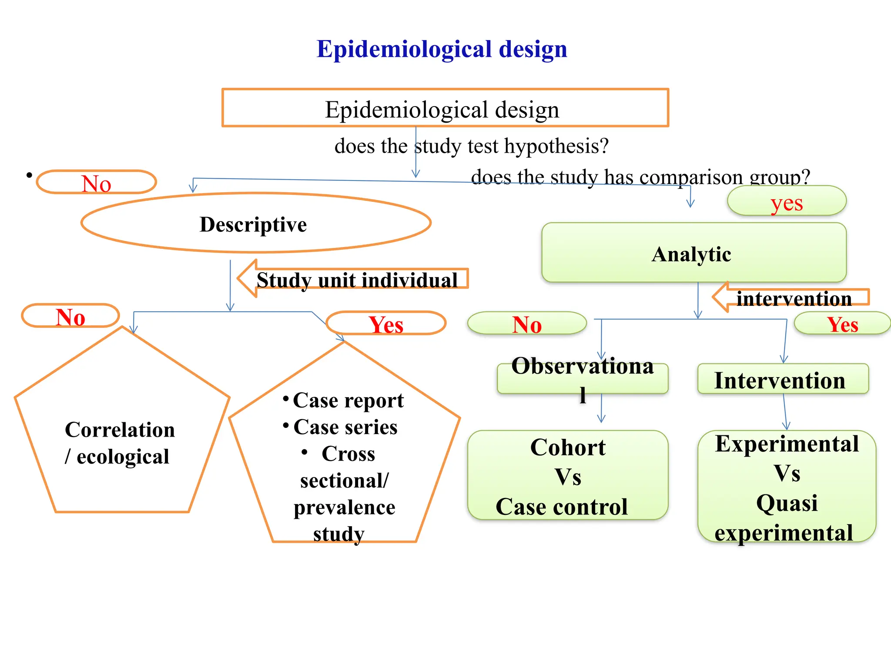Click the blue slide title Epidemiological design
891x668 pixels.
(442, 49)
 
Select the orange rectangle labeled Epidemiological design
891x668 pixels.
(445, 108)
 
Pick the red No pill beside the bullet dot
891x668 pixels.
(96, 182)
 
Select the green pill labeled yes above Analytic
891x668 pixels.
(786, 201)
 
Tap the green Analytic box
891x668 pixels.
(693, 253)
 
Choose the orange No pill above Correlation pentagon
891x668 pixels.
(70, 316)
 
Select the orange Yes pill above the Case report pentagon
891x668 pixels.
(385, 324)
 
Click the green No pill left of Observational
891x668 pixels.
(527, 324)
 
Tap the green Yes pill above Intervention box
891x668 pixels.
(842, 324)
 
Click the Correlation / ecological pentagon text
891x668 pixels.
(120, 443)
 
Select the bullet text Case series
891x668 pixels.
(345, 427)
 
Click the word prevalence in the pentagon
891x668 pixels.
(344, 507)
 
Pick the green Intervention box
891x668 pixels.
(782, 379)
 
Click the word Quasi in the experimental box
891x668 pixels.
(787, 503)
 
